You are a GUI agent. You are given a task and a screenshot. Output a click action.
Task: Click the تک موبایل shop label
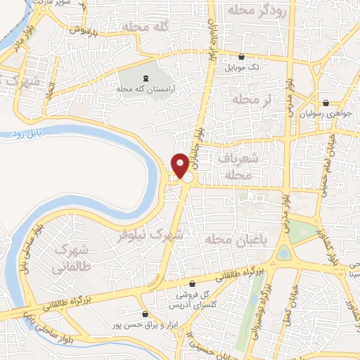pyautogui.click(x=242, y=68)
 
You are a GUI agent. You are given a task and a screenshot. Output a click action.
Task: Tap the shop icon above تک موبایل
pyautogui.click(x=242, y=57)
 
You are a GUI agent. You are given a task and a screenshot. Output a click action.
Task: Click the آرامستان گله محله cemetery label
pyautogui.click(x=146, y=89)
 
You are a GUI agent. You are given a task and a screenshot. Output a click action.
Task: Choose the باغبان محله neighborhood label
pyautogui.click(x=228, y=240)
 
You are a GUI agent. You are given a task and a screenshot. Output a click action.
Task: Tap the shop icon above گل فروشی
pyautogui.click(x=192, y=284)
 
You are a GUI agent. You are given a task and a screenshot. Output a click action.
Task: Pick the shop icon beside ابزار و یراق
pyautogui.click(x=146, y=314)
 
